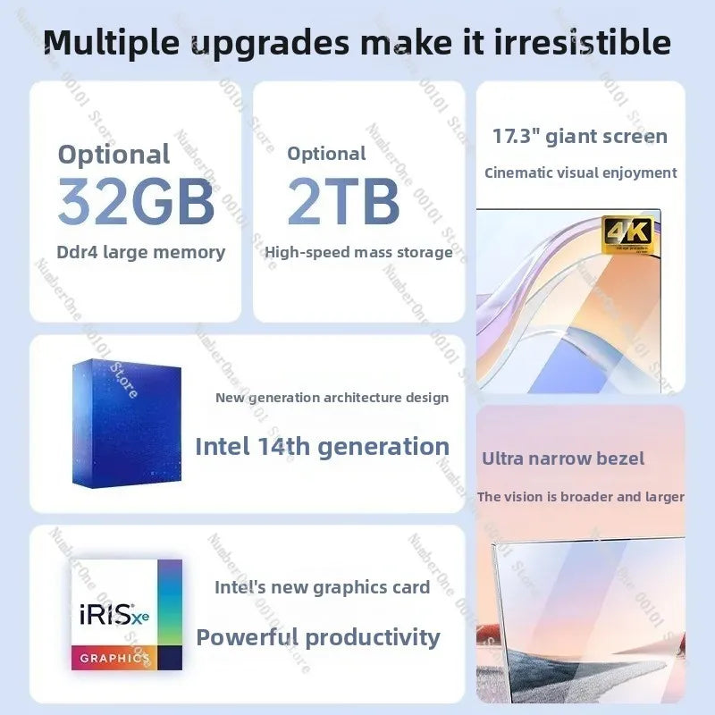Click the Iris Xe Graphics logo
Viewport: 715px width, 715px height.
pos(126,615)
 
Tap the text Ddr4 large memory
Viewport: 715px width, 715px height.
pos(141,252)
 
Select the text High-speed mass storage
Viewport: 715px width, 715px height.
pos(358,252)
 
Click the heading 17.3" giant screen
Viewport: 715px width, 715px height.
pos(580,137)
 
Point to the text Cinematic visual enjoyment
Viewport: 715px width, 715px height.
pos(581,172)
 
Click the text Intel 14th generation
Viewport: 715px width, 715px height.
pos(322,446)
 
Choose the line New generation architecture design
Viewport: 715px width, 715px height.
pos(332,397)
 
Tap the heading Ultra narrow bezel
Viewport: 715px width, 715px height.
pos(563,458)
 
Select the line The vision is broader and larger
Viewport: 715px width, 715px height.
pos(581,497)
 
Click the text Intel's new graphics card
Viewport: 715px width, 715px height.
pos(322,587)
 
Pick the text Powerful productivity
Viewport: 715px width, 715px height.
pos(318,637)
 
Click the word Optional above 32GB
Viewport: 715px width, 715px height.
pos(114,154)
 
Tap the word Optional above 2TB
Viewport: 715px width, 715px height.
pos(326,154)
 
